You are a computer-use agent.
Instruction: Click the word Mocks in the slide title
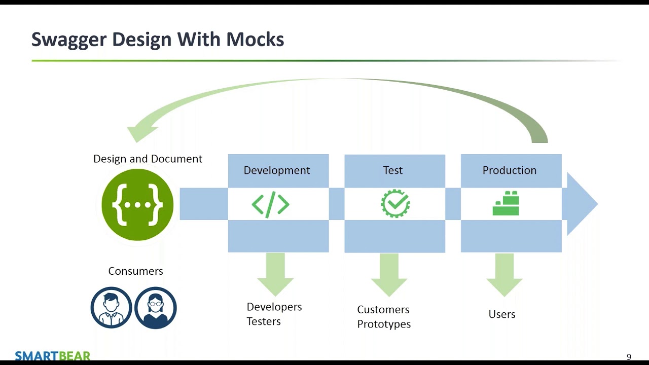pyautogui.click(x=255, y=40)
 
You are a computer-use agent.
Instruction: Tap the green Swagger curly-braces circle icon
pyautogui.click(x=137, y=205)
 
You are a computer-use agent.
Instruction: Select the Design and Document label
pyautogui.click(x=148, y=159)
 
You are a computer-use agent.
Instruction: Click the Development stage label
pyautogui.click(x=277, y=170)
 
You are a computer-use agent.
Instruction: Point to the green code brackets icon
pyautogui.click(x=270, y=204)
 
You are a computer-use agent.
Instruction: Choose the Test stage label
pyautogui.click(x=393, y=170)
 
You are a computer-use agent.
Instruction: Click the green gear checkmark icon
pyautogui.click(x=395, y=204)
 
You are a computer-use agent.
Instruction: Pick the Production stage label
pyautogui.click(x=509, y=170)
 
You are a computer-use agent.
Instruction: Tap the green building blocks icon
pyautogui.click(x=506, y=204)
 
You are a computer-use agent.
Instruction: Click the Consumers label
pyautogui.click(x=135, y=271)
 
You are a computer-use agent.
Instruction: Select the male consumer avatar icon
pyautogui.click(x=111, y=308)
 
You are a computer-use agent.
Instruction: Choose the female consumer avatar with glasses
pyautogui.click(x=155, y=308)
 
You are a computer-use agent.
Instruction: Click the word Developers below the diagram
pyautogui.click(x=274, y=307)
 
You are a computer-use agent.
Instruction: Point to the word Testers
pyautogui.click(x=264, y=321)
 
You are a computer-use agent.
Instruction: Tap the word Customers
pyautogui.click(x=383, y=309)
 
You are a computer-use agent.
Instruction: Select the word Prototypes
pyautogui.click(x=384, y=324)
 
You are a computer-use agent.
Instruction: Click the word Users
pyautogui.click(x=502, y=314)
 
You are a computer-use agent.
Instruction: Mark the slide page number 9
pyautogui.click(x=629, y=357)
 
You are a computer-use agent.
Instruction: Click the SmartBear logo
pyautogui.click(x=53, y=355)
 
